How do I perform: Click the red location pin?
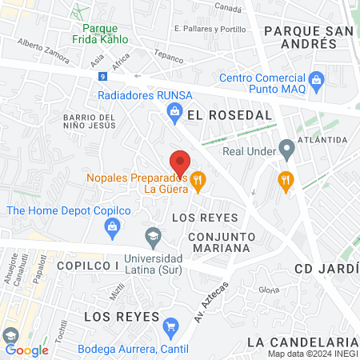tap(180, 163)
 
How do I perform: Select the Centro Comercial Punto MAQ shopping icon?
tap(317, 79)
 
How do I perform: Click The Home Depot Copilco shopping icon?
tap(112, 226)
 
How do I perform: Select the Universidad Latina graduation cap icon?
tap(152, 236)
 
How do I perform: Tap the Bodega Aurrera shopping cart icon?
tap(170, 327)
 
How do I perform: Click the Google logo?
tap(26, 350)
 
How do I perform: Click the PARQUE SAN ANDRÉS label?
tap(308, 38)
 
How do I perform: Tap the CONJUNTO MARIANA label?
tap(221, 242)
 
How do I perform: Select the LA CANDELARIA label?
tap(302, 342)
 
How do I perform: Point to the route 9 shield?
tap(102, 76)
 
